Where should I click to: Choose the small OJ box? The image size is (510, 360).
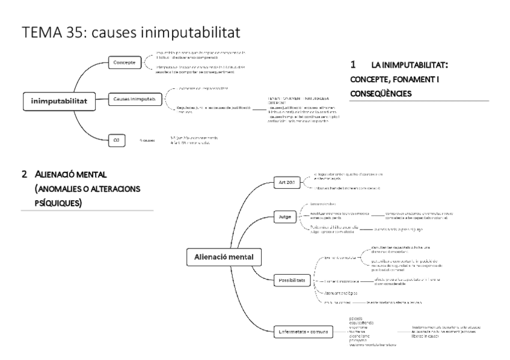pyautogui.click(x=117, y=140)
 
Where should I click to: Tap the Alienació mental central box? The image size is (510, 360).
pyautogui.click(x=224, y=257)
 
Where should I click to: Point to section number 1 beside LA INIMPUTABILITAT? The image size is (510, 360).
pyautogui.click(x=353, y=64)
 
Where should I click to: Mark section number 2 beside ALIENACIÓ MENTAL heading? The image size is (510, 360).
pyautogui.click(x=25, y=174)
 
